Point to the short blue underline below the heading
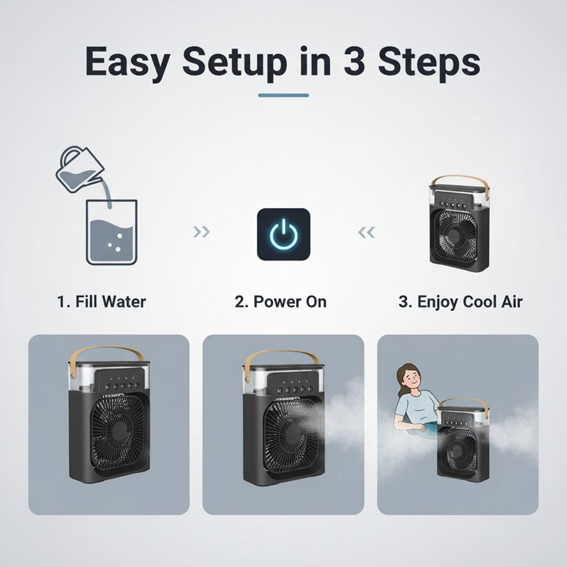pyautogui.click(x=283, y=96)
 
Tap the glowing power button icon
pyautogui.click(x=283, y=234)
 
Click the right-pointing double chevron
pyautogui.click(x=202, y=232)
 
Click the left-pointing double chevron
pyautogui.click(x=366, y=232)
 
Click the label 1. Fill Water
pyautogui.click(x=101, y=302)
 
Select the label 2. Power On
pyautogui.click(x=280, y=302)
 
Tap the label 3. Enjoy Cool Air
pyautogui.click(x=460, y=302)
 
